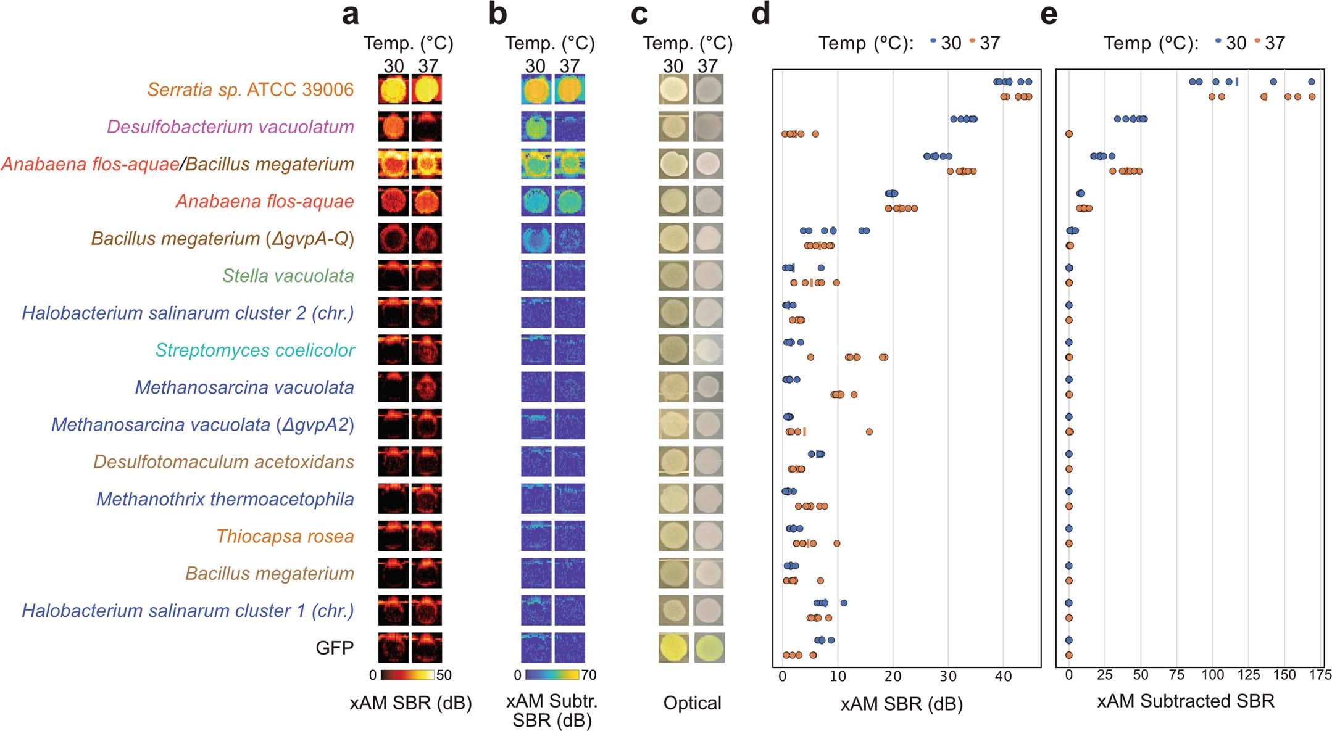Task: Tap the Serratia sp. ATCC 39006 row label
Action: click(250, 89)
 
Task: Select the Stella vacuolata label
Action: click(288, 276)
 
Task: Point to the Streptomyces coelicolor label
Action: click(254, 350)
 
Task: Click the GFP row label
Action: click(335, 648)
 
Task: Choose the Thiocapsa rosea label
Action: click(285, 536)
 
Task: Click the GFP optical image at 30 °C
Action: click(673, 648)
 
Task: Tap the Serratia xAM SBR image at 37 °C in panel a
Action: click(427, 89)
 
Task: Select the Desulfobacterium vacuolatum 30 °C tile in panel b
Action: click(536, 127)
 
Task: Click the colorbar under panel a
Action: click(407, 675)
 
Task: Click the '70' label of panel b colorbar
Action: click(588, 675)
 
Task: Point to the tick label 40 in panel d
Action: click(1003, 676)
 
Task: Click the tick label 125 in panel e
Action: click(1248, 675)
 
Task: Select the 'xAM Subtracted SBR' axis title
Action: click(1185, 701)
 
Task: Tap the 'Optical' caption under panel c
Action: click(692, 703)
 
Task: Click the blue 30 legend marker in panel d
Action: click(933, 41)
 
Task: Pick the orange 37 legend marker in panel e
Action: click(1257, 41)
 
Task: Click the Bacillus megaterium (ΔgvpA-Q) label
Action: click(223, 239)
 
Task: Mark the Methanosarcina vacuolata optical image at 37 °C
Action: click(709, 387)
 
